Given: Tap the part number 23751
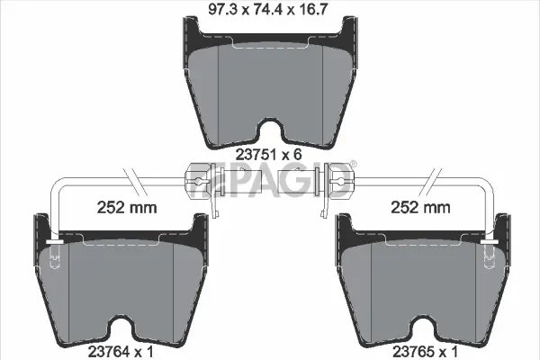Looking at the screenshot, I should point(254,154).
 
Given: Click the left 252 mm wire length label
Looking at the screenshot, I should point(126,209).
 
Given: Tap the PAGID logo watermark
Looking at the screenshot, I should point(270,183).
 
